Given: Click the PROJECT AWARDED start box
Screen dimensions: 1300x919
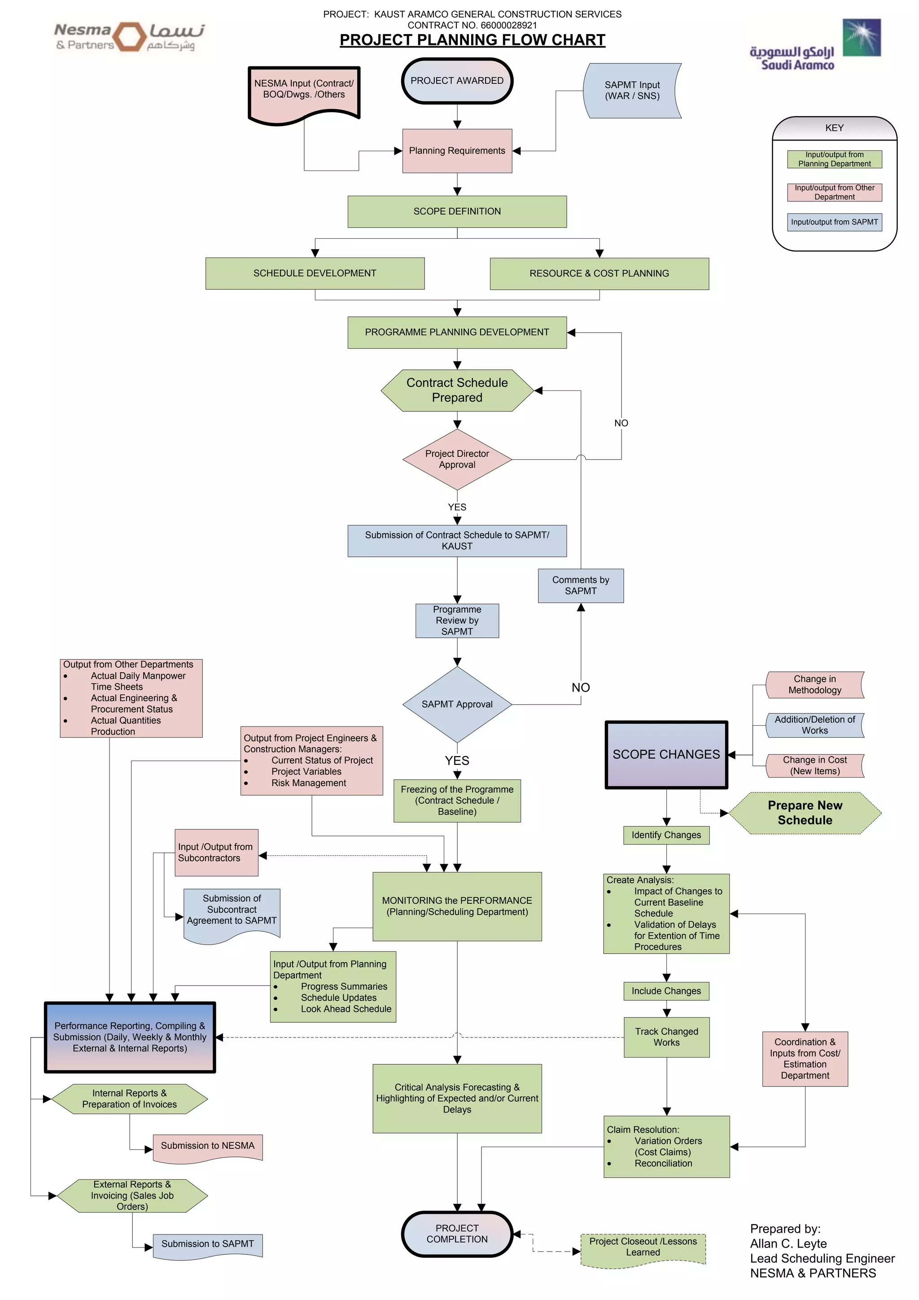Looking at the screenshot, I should pyautogui.click(x=457, y=81).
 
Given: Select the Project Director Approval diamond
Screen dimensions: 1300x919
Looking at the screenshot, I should pyautogui.click(x=457, y=459).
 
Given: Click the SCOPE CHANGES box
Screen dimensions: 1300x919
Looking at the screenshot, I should pyautogui.click(x=666, y=754).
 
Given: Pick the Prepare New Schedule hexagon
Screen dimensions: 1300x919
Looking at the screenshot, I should pyautogui.click(x=805, y=813).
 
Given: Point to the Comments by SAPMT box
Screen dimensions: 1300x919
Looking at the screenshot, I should pyautogui.click(x=580, y=586).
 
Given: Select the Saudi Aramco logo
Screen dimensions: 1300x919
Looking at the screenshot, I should pyautogui.click(x=815, y=45).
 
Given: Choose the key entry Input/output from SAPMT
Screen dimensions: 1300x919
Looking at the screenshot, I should pyautogui.click(x=834, y=222).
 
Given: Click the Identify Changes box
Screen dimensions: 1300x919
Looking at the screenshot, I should pyautogui.click(x=666, y=835).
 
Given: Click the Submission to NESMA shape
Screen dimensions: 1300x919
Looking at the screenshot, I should pyautogui.click(x=207, y=1147).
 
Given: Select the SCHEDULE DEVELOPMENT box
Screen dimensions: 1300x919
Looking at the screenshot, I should pyautogui.click(x=315, y=273).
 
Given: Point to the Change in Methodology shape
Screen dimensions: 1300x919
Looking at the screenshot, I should pyautogui.click(x=814, y=684).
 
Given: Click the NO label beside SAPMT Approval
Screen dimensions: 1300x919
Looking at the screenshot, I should pyautogui.click(x=580, y=687).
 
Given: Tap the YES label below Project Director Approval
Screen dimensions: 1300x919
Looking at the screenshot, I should pyautogui.click(x=457, y=508).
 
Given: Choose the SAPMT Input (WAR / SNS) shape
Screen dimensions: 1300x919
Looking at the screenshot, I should pyautogui.click(x=632, y=91).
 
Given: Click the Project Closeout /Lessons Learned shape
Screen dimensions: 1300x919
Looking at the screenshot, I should pyautogui.click(x=643, y=1247).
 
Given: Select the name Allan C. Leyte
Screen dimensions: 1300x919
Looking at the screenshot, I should pyautogui.click(x=788, y=1244).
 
